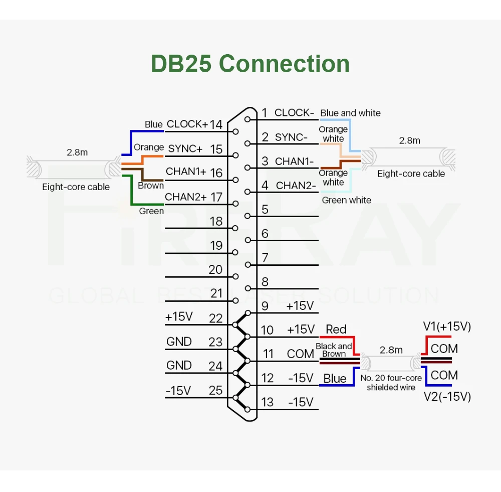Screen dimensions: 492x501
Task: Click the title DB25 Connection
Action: (x=250, y=64)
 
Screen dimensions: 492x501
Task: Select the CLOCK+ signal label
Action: (x=187, y=124)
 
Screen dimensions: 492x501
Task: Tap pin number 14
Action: (x=216, y=124)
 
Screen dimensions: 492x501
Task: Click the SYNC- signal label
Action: (x=291, y=137)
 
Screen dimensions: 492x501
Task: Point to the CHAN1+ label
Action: (x=186, y=172)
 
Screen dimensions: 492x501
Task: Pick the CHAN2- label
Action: (x=296, y=186)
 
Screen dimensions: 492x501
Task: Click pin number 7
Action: (x=265, y=258)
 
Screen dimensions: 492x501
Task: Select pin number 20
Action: (x=215, y=269)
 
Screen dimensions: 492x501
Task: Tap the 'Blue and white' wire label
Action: (x=350, y=113)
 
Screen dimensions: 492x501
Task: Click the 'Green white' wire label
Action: (x=346, y=200)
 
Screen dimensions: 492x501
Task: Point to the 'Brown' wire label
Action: (x=151, y=186)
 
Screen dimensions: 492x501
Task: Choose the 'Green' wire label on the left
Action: (x=151, y=211)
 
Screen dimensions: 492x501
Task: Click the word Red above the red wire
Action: (x=336, y=330)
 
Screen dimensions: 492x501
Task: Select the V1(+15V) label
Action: (x=447, y=327)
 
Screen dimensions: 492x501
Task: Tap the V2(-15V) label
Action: (x=447, y=397)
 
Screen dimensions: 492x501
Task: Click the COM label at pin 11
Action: (x=300, y=354)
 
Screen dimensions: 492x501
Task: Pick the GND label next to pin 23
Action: (x=179, y=342)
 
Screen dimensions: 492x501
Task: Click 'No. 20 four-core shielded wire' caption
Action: (x=391, y=383)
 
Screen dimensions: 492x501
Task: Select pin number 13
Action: (x=268, y=402)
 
